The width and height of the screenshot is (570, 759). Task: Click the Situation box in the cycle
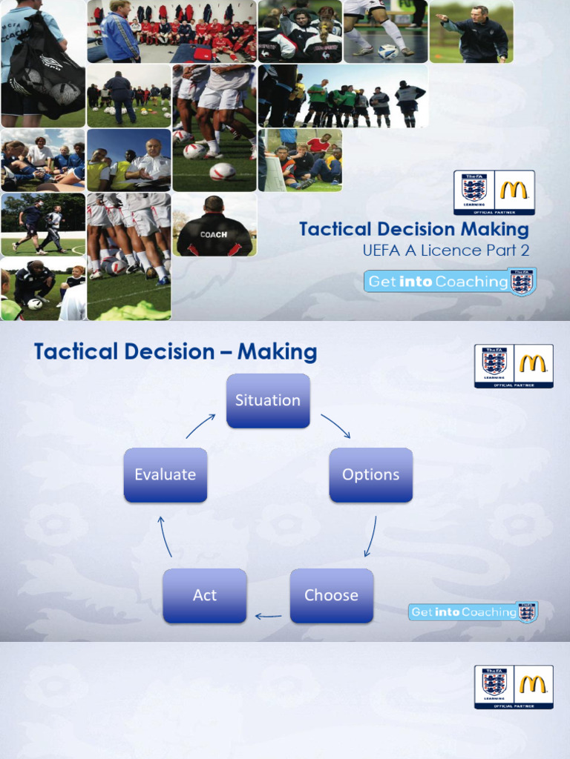[268, 400]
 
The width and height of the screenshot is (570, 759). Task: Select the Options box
[370, 475]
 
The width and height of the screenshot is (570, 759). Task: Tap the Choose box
[331, 595]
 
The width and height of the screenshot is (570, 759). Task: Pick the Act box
[204, 595]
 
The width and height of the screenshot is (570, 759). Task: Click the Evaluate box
[165, 475]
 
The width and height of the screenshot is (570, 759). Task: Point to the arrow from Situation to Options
[335, 425]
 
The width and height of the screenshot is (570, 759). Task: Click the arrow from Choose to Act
[268, 615]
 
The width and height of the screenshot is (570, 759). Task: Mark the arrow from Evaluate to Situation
[200, 425]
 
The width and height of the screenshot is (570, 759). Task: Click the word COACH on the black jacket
[213, 234]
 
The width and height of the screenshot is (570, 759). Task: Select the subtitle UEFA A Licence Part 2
[445, 251]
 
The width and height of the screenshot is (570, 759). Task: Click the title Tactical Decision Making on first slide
[414, 229]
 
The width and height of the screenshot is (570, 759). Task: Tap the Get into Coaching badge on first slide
[450, 282]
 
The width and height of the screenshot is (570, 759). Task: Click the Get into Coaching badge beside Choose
[473, 611]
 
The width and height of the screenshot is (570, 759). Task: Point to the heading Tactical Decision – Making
[175, 352]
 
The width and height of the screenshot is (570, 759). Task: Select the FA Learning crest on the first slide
[474, 190]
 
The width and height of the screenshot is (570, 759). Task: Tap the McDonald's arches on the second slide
[534, 363]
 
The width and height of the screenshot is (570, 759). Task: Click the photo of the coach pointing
[471, 31]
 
